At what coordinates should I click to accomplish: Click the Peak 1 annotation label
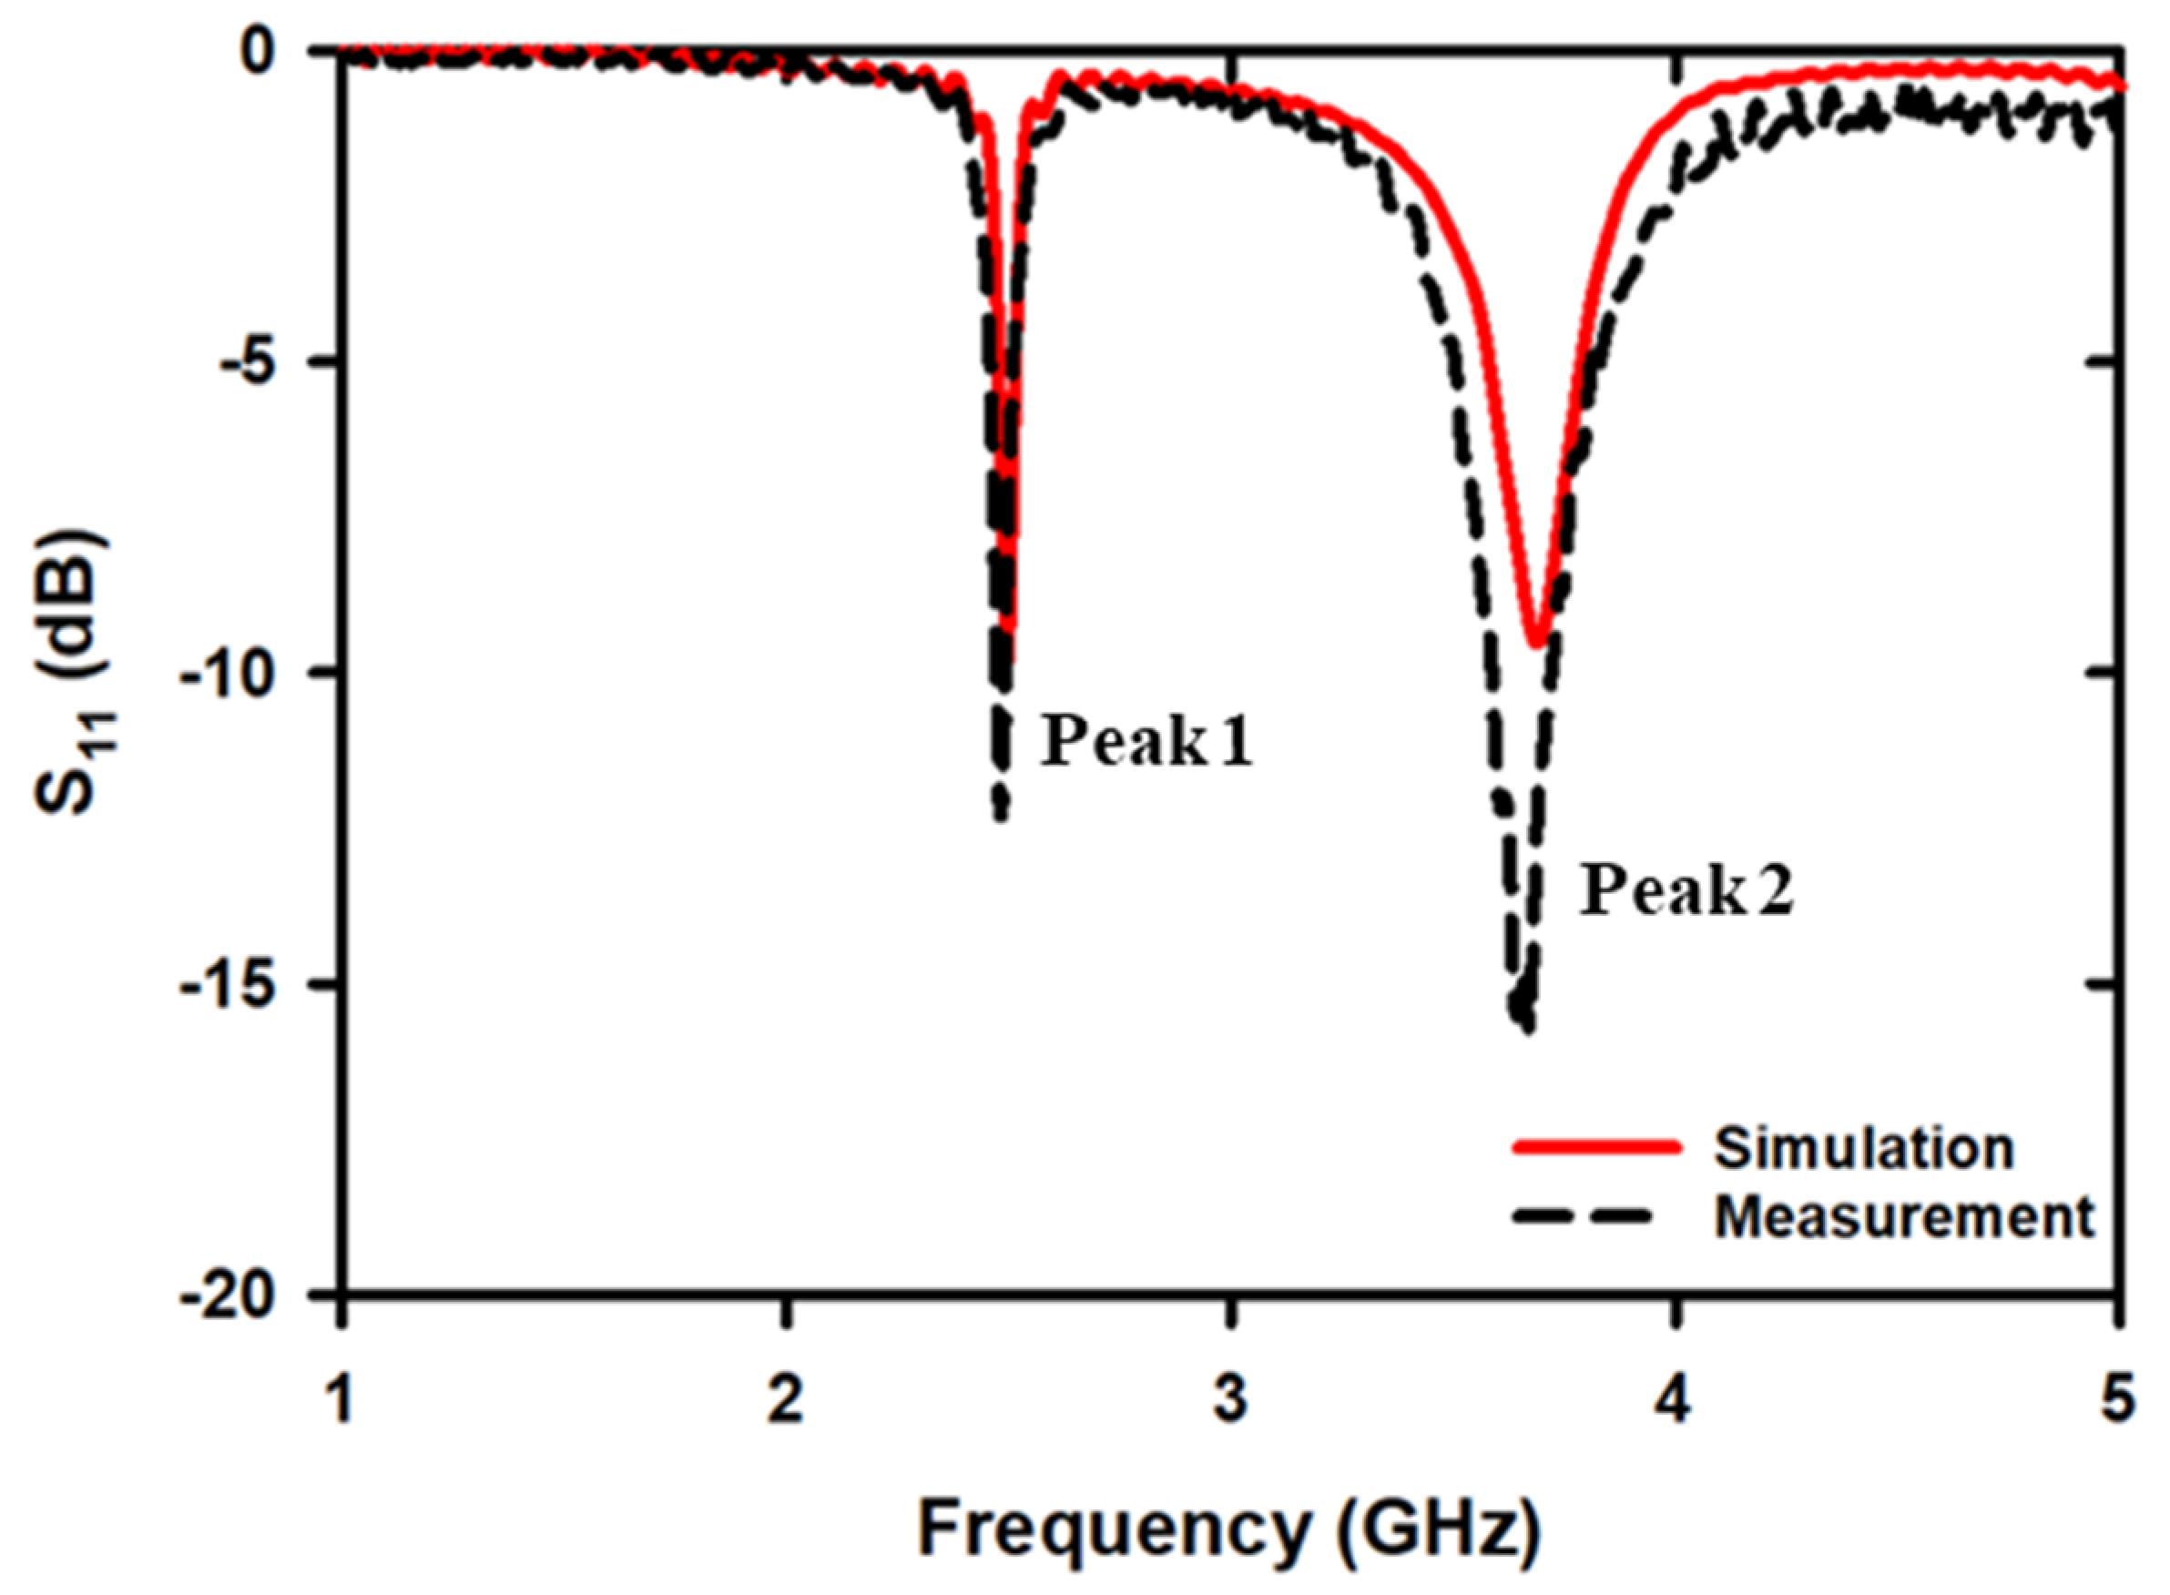pyautogui.click(x=1146, y=743)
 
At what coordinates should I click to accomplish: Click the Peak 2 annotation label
pyautogui.click(x=1686, y=890)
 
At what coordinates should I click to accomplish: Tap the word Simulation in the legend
pyautogui.click(x=1863, y=1149)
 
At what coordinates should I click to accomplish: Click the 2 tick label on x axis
pyautogui.click(x=786, y=1401)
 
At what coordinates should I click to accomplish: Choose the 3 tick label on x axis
pyautogui.click(x=1230, y=1401)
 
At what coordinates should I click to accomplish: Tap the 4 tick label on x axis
pyautogui.click(x=1676, y=1401)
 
